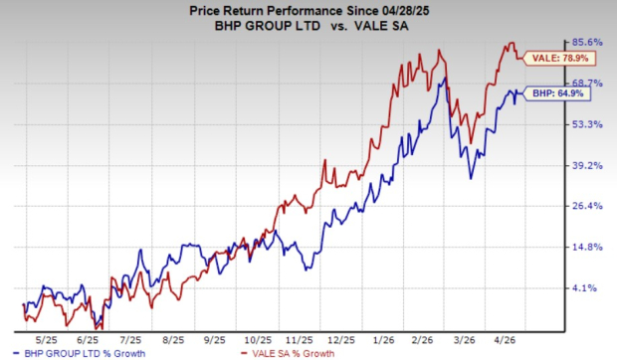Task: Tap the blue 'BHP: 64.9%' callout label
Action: [x=559, y=93]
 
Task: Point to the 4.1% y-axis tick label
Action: [x=591, y=287]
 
